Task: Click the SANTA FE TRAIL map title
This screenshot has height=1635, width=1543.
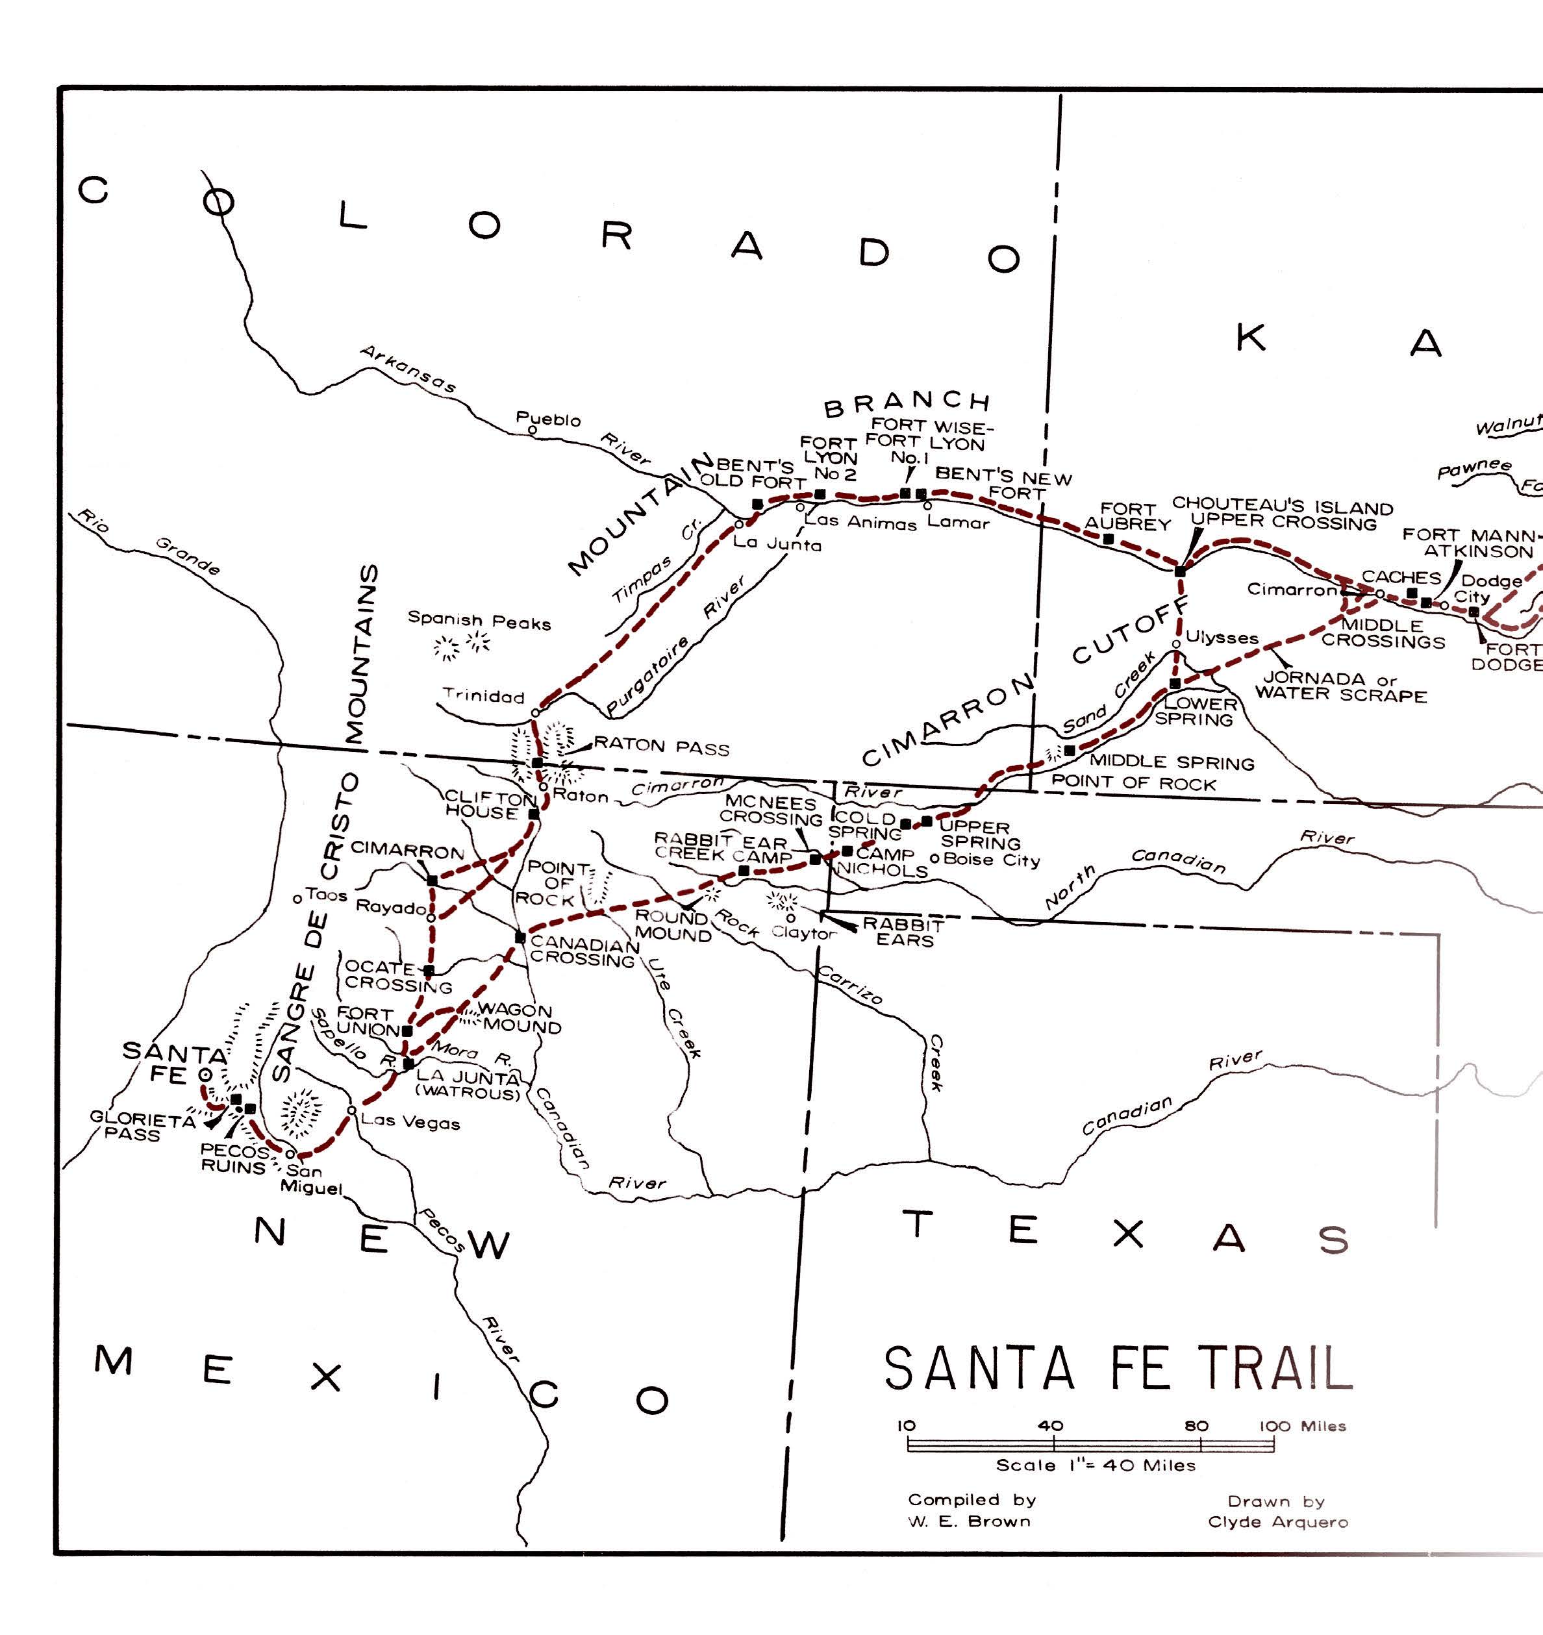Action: [1118, 1369]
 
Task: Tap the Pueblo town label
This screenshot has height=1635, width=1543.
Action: [548, 419]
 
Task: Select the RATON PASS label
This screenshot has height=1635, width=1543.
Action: [661, 747]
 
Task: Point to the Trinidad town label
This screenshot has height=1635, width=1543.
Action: [484, 696]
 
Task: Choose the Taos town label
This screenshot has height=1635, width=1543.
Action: [327, 895]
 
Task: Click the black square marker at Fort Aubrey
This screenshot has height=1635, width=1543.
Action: [1108, 540]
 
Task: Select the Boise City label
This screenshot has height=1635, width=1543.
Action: [991, 860]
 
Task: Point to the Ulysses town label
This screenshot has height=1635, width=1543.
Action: [1222, 638]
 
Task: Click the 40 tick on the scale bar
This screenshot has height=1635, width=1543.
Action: [1052, 1426]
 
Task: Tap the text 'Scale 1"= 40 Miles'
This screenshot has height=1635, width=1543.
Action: [1096, 1465]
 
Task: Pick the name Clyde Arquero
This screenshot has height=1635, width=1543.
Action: [1278, 1521]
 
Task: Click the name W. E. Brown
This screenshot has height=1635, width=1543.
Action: [969, 1521]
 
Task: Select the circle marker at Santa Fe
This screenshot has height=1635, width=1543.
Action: [205, 1074]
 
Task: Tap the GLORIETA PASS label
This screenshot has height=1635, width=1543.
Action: [142, 1126]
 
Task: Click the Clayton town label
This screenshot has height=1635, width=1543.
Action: [803, 934]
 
